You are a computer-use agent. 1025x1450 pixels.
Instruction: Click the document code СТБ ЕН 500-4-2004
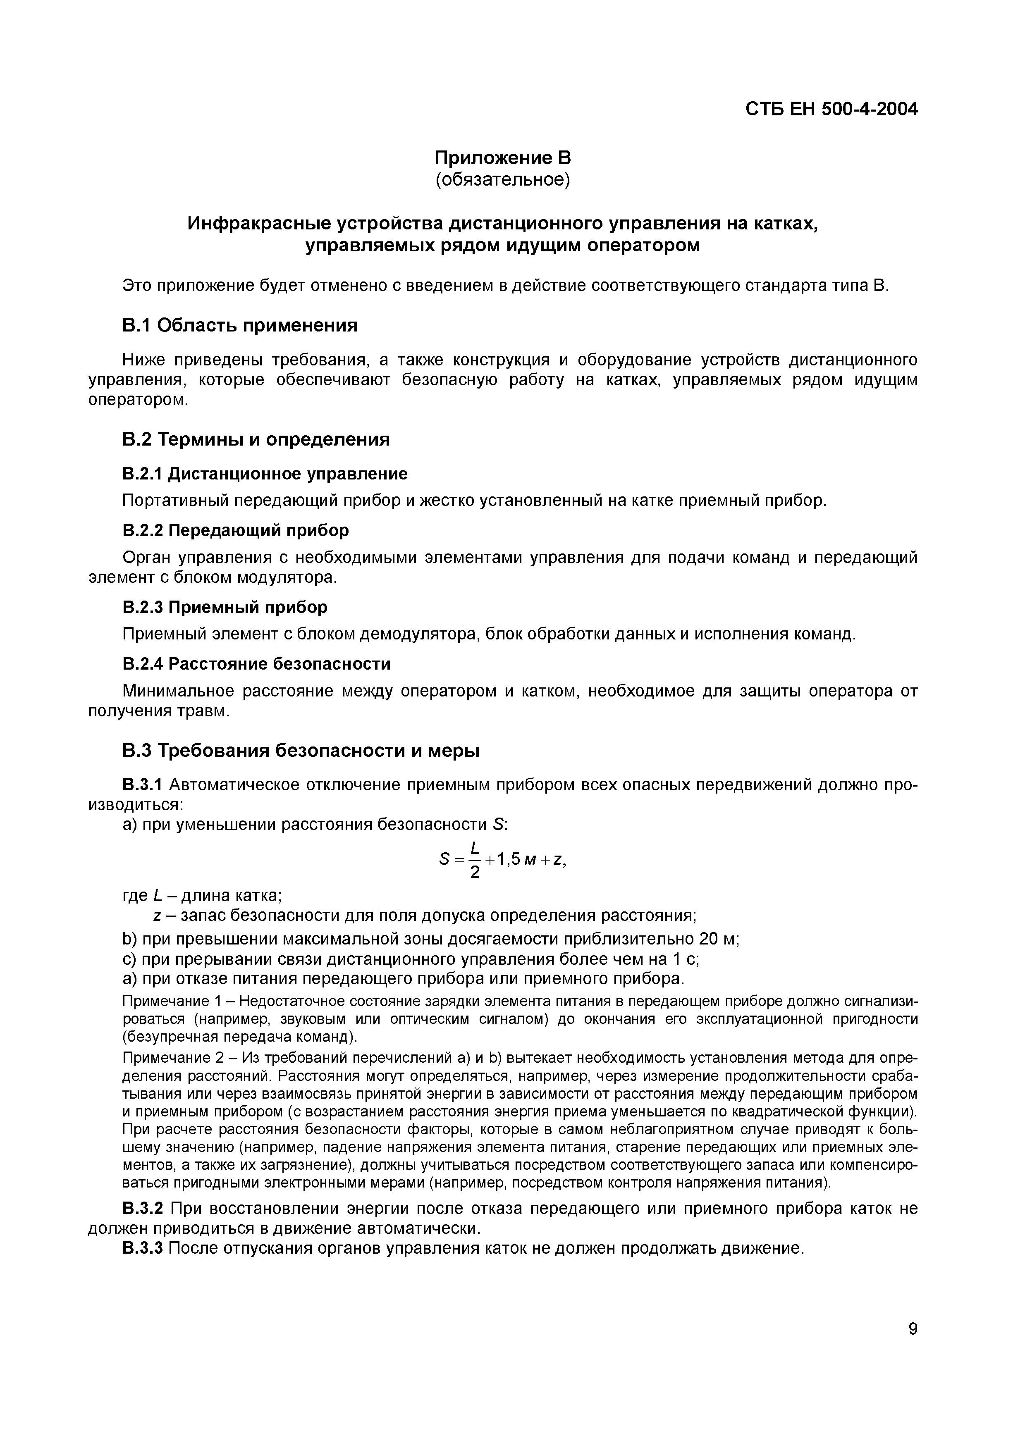click(831, 109)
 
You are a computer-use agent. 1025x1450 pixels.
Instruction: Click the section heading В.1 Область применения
click(239, 325)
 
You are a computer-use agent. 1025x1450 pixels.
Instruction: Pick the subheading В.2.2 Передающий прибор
click(235, 530)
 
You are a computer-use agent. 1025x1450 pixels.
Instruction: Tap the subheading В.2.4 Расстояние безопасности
click(256, 664)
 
